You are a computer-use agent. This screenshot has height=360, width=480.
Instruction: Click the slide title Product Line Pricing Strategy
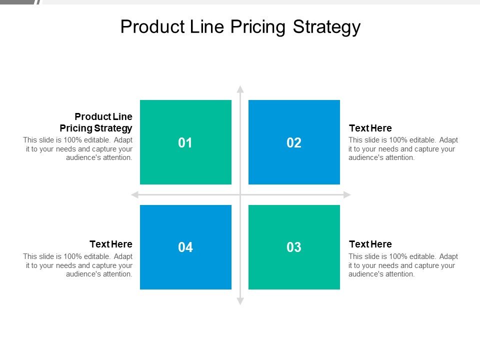240,26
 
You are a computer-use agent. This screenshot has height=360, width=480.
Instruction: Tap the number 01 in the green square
185,143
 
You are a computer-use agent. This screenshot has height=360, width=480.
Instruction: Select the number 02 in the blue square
294,143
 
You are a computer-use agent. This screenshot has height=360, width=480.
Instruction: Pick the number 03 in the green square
294,247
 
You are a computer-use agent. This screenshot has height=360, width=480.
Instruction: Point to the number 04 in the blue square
185,247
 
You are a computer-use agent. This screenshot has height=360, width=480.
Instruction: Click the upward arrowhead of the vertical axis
240,89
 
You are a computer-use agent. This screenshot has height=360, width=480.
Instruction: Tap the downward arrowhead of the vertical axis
240,301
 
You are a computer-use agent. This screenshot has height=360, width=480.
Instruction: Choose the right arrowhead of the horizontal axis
347,194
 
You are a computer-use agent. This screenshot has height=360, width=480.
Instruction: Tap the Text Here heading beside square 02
370,128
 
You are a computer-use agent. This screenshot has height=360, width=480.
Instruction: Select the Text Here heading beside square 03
370,244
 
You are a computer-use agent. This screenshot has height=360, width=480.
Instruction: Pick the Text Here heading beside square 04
111,244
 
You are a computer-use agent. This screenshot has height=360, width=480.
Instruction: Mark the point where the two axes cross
240,194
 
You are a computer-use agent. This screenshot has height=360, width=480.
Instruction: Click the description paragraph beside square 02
403,148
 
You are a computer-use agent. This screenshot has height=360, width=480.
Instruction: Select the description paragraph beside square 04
78,265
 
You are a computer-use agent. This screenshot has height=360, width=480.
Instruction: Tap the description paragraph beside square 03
403,265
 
